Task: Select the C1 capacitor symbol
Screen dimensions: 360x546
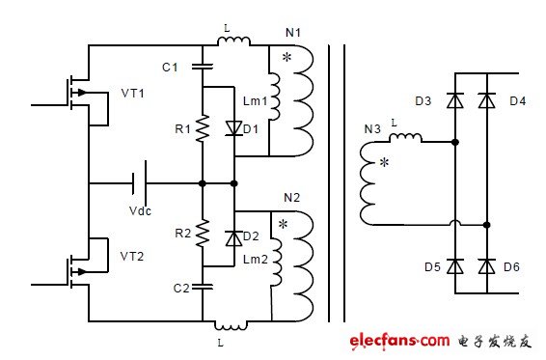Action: coord(203,67)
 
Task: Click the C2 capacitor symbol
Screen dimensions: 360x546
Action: coord(203,286)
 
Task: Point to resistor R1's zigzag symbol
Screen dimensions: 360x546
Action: coord(203,128)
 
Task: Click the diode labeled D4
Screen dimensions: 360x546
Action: coord(488,99)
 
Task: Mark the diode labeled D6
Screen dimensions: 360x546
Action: coord(488,265)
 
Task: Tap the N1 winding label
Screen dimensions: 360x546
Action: coord(293,33)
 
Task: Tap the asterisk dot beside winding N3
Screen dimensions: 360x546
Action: coord(384,163)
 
